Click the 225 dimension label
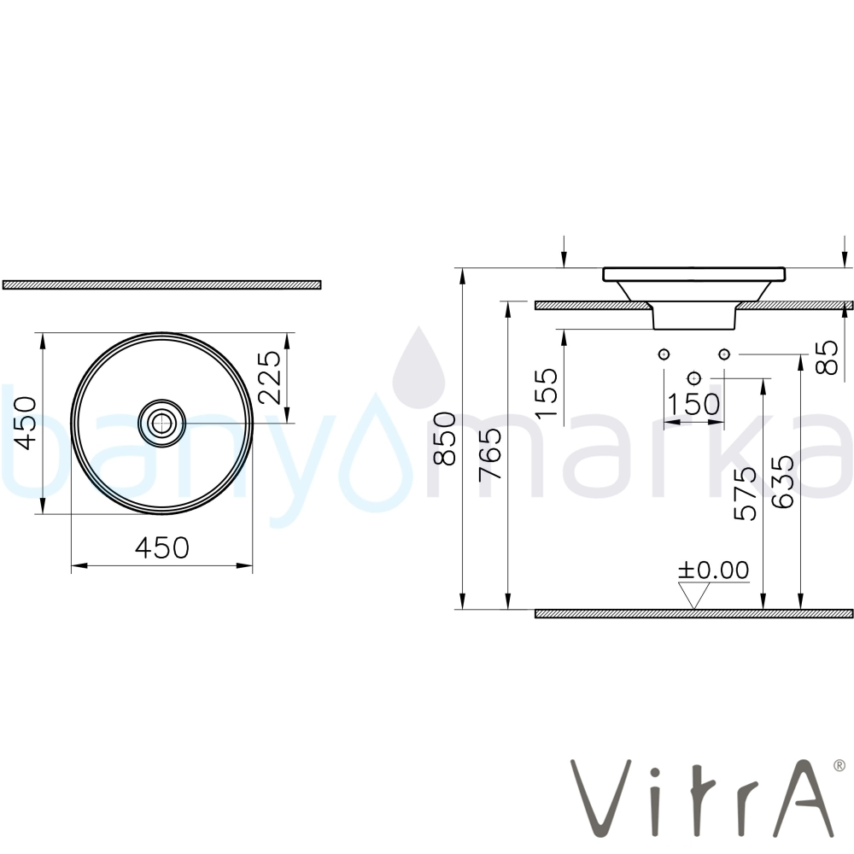[270, 377]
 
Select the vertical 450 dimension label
[26, 424]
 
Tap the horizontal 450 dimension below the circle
[162, 548]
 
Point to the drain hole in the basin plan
[161, 423]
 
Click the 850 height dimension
[444, 438]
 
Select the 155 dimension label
[547, 393]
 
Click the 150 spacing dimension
[693, 404]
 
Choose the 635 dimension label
[783, 483]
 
